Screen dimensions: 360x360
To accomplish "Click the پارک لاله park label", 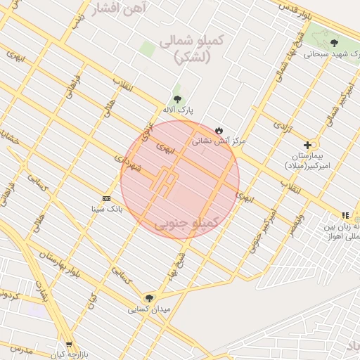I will [x=176, y=110].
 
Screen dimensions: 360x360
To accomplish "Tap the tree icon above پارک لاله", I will [x=176, y=99].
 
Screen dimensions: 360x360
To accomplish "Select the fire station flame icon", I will [x=219, y=130].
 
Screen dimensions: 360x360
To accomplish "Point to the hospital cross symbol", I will [x=307, y=144].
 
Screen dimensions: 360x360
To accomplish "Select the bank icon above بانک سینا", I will [x=106, y=198].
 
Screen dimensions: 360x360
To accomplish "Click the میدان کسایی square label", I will [x=149, y=309].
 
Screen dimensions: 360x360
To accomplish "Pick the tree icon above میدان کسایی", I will [x=148, y=297].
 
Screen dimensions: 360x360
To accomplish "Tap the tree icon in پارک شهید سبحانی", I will [x=333, y=43].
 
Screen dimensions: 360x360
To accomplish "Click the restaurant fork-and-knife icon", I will [x=345, y=215].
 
